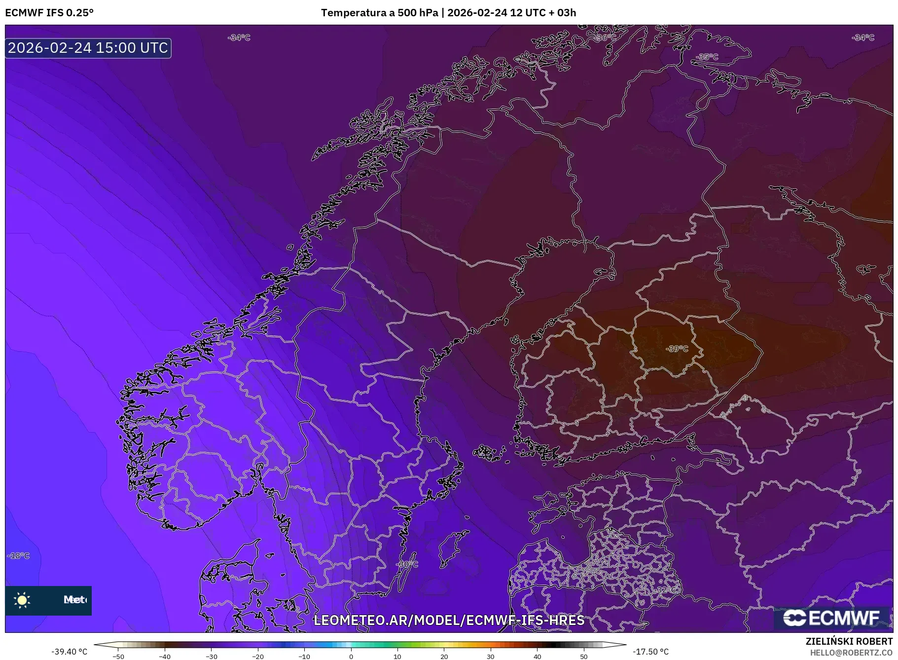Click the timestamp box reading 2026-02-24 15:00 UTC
coord(88,48)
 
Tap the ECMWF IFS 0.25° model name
coord(49,13)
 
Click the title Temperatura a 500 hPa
coord(379,13)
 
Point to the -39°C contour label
coord(677,349)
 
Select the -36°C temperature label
coord(605,37)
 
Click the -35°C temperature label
coord(707,57)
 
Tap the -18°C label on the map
coord(19,555)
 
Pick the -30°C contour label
coord(407,564)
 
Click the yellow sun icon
coord(22,600)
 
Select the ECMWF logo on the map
coord(831,618)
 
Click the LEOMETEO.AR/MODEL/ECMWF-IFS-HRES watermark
coord(449,620)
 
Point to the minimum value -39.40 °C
coord(70,652)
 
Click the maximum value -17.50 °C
coord(650,652)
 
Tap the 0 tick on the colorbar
coord(351,656)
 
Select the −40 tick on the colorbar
coord(165,656)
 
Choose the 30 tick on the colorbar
coord(491,656)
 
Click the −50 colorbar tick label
coord(118,656)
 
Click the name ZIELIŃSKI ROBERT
coord(849,641)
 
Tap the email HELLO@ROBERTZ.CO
coord(851,653)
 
